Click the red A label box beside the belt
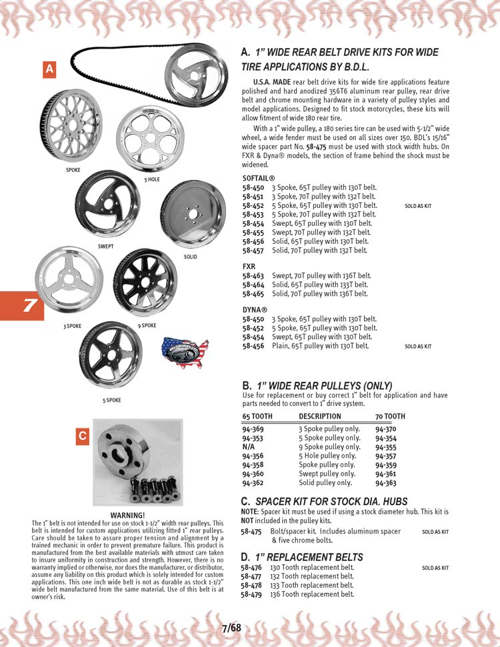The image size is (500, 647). (x=50, y=70)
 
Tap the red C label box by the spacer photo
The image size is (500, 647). (x=82, y=436)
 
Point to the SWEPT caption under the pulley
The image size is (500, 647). (x=105, y=247)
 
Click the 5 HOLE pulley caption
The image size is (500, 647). (x=152, y=180)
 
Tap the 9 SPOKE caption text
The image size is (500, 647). (x=147, y=325)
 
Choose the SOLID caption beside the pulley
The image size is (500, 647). (x=190, y=257)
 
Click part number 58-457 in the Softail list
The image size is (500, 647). (x=253, y=251)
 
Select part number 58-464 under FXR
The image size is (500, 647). (x=253, y=285)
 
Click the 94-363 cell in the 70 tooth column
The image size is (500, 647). (x=386, y=482)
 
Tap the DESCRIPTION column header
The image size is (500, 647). (x=320, y=416)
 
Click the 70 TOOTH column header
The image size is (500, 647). (x=390, y=416)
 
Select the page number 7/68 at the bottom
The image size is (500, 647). (x=231, y=627)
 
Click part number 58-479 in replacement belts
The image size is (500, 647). (x=251, y=594)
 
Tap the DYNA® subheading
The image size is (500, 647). (x=255, y=310)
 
